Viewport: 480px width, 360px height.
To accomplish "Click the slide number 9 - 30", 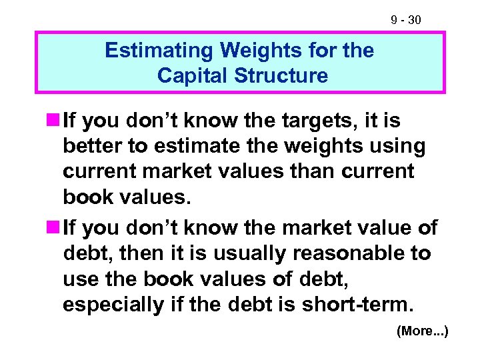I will [405, 21].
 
